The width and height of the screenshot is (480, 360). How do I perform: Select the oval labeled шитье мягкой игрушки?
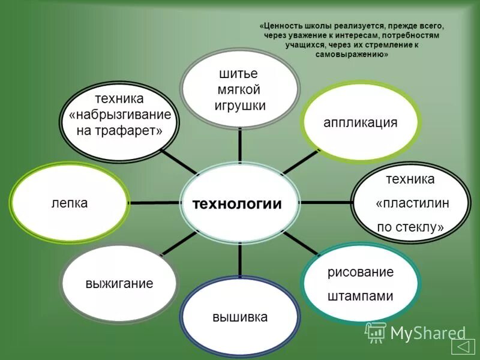tap(240, 89)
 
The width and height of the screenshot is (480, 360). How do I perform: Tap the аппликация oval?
tap(361, 123)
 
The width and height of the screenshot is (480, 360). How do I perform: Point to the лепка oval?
tap(70, 203)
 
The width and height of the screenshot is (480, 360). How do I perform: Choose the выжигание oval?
tap(119, 283)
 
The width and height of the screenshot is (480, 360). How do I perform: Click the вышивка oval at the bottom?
tap(239, 317)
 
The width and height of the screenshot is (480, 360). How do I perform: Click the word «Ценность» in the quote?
tap(283, 27)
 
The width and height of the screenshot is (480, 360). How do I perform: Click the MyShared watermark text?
tap(428, 332)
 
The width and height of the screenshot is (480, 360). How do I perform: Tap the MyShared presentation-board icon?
tap(376, 332)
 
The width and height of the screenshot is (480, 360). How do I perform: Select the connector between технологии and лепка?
tap(154, 203)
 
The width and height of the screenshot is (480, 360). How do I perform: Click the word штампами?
tap(360, 296)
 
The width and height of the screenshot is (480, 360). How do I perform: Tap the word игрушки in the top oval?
tap(240, 106)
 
